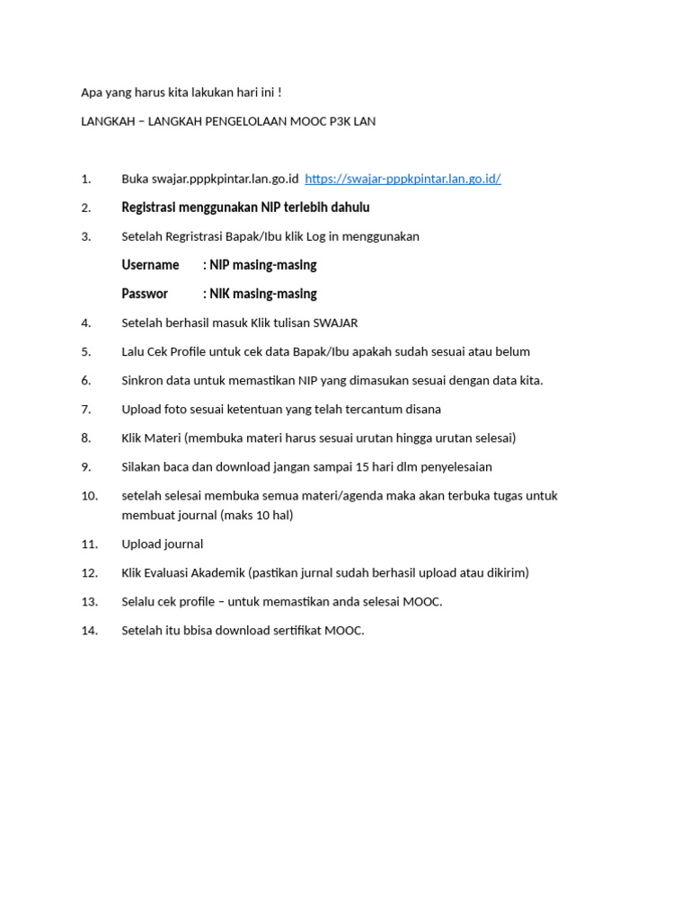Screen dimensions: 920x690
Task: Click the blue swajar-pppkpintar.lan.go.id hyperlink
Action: (x=402, y=179)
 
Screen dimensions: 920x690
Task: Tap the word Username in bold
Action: (x=150, y=265)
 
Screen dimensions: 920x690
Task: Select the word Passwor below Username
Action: (x=145, y=294)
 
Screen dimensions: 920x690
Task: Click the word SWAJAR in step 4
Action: (x=335, y=323)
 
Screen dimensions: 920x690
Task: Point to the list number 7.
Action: (x=86, y=409)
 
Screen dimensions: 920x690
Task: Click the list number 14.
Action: (x=89, y=630)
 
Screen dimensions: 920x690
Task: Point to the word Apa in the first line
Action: (x=92, y=93)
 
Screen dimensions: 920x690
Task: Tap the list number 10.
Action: (x=89, y=495)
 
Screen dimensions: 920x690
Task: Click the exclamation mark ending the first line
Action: (x=279, y=93)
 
